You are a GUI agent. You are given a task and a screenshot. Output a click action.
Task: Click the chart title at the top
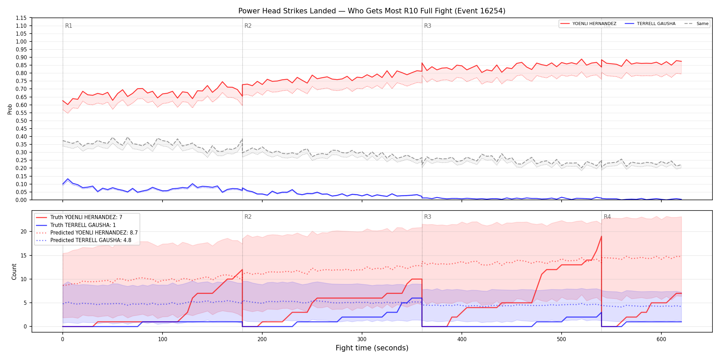372,11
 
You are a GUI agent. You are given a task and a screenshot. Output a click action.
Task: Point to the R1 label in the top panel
69,26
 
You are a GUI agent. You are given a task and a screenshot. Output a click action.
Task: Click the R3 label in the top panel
428,26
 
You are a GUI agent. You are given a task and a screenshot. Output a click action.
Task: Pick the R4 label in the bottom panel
607,217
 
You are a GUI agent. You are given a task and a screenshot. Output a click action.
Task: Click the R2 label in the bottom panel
248,217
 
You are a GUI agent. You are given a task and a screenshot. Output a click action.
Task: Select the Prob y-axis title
10,109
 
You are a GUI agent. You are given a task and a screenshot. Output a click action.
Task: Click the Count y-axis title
14,272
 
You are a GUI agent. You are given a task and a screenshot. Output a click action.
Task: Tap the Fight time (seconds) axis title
372,348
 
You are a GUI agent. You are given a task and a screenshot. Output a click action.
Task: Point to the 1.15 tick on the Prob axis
21,18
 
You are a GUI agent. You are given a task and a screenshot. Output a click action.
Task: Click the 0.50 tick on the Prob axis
21,121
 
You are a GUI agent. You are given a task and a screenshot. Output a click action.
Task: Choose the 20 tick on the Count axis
23,231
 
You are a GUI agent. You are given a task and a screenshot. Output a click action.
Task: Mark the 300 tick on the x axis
362,339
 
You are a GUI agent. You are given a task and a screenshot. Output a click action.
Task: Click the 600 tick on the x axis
661,339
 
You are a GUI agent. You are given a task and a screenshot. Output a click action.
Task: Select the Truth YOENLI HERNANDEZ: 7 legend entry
79,217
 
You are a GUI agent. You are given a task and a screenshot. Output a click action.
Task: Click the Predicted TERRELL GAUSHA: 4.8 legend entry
84,240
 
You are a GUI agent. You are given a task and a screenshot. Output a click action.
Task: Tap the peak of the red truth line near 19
601,236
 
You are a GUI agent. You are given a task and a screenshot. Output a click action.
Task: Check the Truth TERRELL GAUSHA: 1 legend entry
76,225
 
